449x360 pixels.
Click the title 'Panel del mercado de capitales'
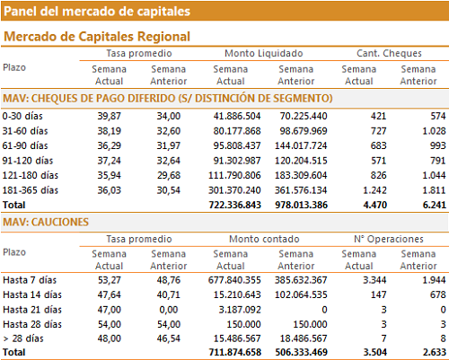click(97, 12)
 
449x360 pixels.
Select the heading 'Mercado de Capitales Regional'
click(97, 37)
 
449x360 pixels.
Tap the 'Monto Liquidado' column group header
click(264, 53)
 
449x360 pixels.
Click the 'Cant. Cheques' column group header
click(389, 53)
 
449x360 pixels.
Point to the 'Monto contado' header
click(264, 239)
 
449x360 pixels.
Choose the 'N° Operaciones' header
click(389, 239)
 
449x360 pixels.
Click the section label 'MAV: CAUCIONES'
click(46, 222)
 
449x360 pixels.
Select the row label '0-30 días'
click(22, 116)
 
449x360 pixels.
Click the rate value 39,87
click(110, 116)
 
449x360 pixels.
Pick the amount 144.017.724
click(301, 145)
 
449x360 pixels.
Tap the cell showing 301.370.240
click(234, 190)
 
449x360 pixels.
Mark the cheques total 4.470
click(374, 205)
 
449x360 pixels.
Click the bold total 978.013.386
click(301, 205)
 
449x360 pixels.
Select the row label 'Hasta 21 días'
click(32, 310)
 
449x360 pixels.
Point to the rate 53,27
click(110, 280)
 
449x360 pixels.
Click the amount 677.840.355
click(234, 280)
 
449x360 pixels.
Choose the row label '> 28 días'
click(23, 338)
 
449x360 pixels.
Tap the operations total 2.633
click(435, 352)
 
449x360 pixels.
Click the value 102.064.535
click(301, 294)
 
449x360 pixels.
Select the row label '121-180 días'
click(31, 175)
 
